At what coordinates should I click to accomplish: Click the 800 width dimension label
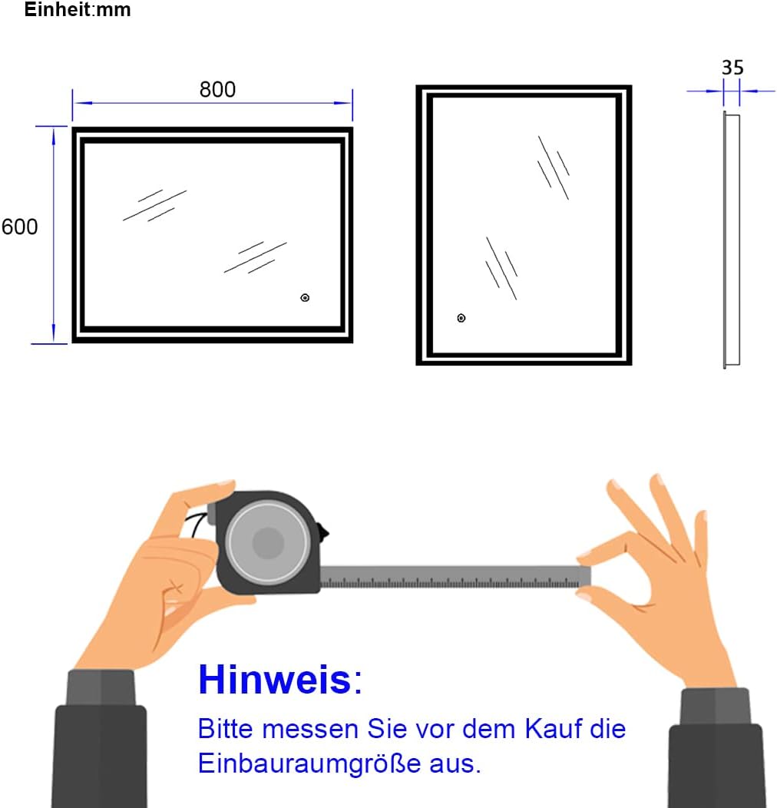(x=217, y=90)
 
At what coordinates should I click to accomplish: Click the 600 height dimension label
(x=20, y=227)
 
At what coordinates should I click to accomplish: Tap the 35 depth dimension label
(x=732, y=68)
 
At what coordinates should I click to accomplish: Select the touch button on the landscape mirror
(x=305, y=298)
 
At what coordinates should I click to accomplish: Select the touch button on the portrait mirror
(x=461, y=318)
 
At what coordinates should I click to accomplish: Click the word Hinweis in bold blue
(x=274, y=681)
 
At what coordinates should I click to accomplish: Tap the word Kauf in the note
(x=554, y=728)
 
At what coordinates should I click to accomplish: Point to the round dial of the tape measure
(x=268, y=543)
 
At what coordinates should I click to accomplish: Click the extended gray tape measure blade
(x=453, y=577)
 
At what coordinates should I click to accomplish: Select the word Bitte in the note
(x=223, y=728)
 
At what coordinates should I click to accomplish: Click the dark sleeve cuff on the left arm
(x=101, y=688)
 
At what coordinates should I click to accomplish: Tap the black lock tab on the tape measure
(x=325, y=531)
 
